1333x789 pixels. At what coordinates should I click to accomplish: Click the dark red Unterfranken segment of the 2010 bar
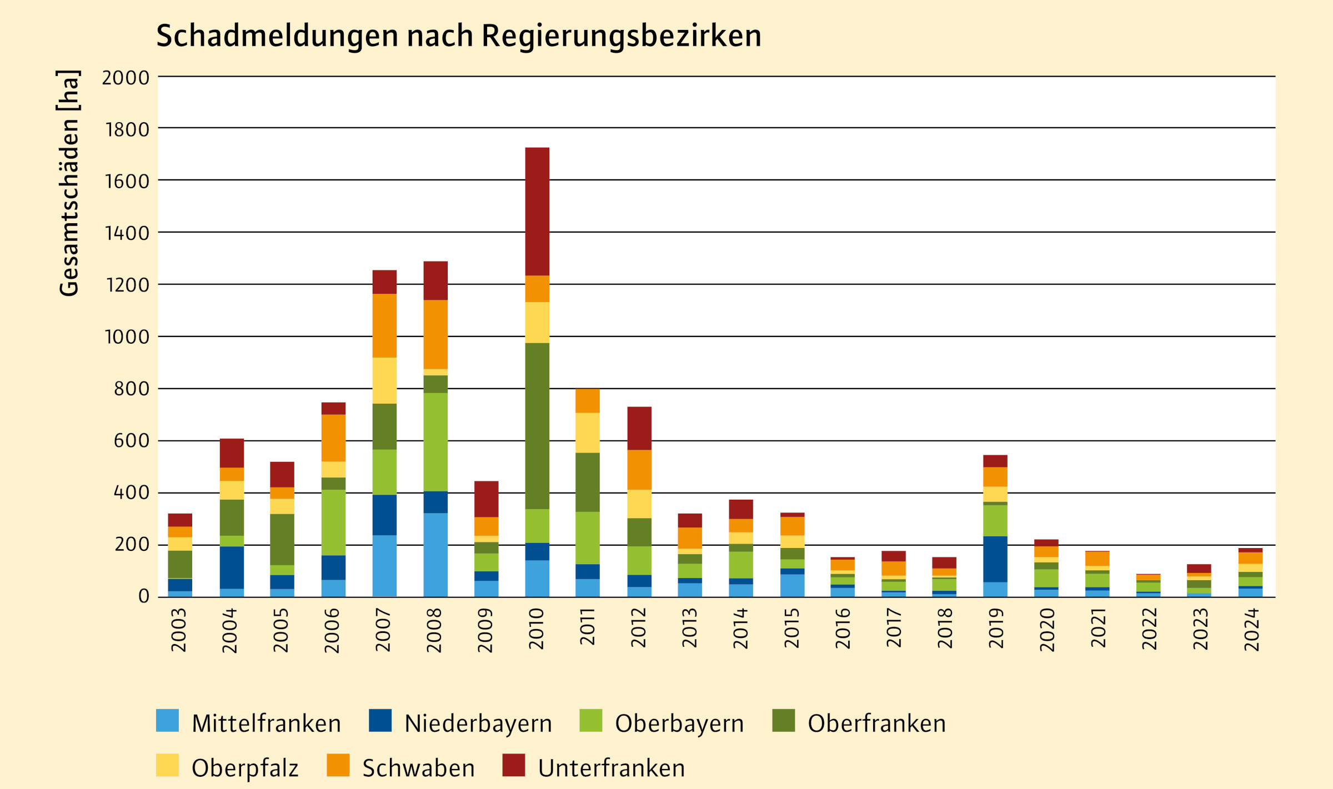click(537, 212)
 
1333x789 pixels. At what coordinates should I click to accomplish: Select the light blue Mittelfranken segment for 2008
click(435, 555)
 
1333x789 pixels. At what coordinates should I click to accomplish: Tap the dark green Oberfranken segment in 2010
click(537, 426)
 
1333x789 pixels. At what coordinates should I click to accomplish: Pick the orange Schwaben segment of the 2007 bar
click(384, 325)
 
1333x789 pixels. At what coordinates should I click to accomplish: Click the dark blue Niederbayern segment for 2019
click(995, 559)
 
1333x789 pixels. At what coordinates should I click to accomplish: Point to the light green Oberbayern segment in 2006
click(333, 522)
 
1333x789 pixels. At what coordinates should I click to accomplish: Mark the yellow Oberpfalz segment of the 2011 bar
click(588, 433)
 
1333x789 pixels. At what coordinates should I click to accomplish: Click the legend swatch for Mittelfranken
click(167, 720)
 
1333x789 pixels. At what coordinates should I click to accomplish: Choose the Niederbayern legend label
click(478, 723)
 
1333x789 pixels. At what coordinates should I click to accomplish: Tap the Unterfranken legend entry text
click(611, 768)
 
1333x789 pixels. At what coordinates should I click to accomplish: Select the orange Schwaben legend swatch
click(338, 765)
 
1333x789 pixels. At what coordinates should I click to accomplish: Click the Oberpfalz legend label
click(245, 768)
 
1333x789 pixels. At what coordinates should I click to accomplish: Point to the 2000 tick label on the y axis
click(126, 78)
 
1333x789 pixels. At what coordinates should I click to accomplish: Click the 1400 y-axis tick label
click(127, 233)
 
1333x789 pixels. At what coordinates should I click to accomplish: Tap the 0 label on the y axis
click(144, 596)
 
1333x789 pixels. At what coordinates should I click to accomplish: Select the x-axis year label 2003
click(179, 630)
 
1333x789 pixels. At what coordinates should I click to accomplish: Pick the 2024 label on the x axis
click(1252, 630)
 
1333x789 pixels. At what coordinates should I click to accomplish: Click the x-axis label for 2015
click(791, 629)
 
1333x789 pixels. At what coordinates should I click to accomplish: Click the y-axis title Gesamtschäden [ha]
click(69, 183)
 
